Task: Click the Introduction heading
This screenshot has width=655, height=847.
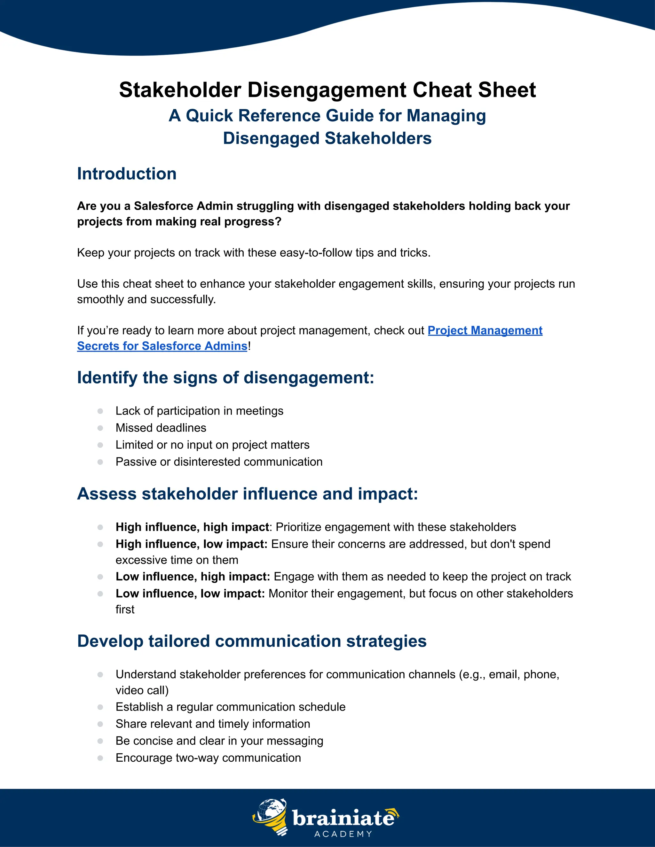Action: point(127,174)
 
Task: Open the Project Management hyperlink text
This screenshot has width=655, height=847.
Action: point(485,330)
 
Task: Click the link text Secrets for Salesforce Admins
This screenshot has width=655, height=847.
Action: point(162,346)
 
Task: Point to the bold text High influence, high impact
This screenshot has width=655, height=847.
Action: point(192,527)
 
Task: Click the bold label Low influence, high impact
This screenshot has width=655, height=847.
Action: point(193,577)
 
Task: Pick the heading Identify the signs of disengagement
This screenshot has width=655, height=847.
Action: point(225,378)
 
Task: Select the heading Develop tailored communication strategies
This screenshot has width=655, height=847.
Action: point(251,641)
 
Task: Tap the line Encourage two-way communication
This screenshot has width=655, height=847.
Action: point(208,758)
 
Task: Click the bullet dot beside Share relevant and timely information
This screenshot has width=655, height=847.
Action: point(100,724)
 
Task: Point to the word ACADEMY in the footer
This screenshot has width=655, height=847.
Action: point(343,834)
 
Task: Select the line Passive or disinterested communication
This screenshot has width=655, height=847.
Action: point(219,462)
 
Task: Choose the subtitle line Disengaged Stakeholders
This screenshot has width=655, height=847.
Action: point(327,138)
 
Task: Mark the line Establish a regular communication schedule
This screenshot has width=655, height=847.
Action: point(230,707)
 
